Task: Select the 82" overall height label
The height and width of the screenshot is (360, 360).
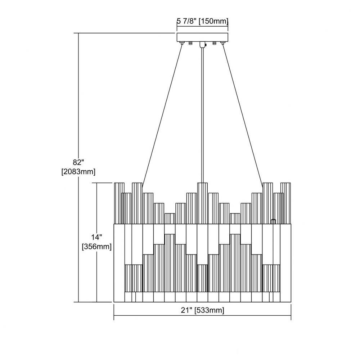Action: click(77, 162)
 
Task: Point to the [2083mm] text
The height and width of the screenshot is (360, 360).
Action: click(78, 171)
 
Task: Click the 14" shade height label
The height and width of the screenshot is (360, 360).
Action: click(96, 237)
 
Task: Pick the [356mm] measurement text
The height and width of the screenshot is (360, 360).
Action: click(97, 247)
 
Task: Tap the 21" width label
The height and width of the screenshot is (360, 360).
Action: click(186, 310)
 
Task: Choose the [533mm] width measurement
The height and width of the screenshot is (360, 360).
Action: click(209, 310)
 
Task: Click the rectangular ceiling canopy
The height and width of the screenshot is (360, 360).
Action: click(202, 38)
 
